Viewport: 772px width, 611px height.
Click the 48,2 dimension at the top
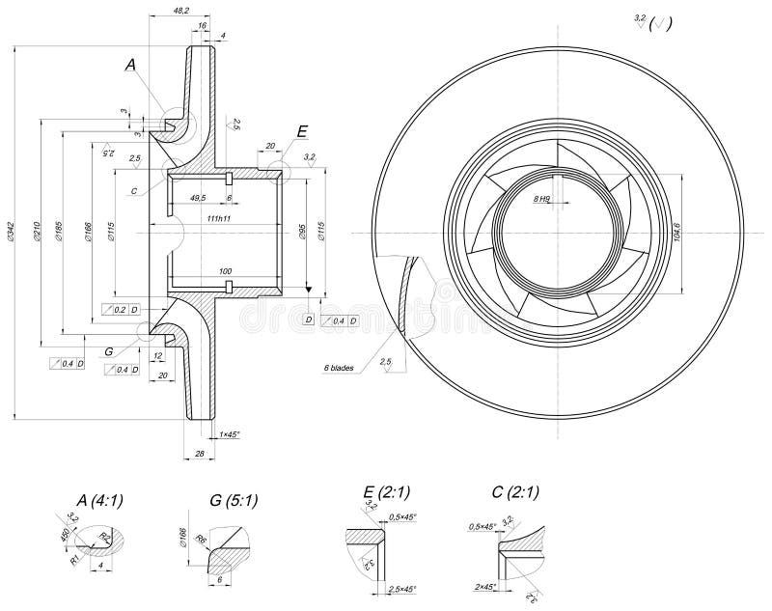pos(180,10)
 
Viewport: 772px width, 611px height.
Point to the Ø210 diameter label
pos(36,231)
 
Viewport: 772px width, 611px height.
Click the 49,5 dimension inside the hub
pos(199,197)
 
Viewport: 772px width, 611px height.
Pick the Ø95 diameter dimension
pos(302,231)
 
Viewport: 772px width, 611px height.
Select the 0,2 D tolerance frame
pos(122,309)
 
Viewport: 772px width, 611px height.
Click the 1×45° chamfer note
pos(229,434)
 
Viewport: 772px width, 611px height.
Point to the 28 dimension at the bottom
pos(200,453)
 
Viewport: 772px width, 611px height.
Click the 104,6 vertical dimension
pos(675,232)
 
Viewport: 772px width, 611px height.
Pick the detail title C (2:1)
pos(514,492)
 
